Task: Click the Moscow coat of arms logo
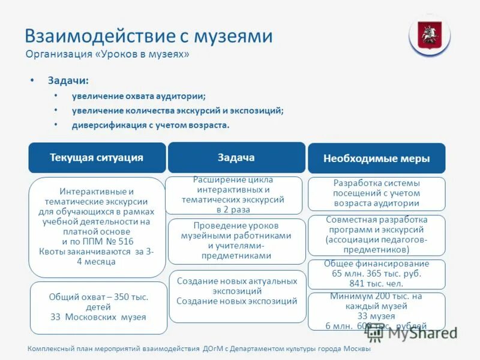(429, 35)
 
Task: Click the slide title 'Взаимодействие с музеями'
(148, 36)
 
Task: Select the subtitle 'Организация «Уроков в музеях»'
(107, 55)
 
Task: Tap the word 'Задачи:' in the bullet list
(68, 80)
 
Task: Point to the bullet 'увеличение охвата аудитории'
(139, 96)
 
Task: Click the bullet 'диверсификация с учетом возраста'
(151, 125)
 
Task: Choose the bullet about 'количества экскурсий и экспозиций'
(178, 110)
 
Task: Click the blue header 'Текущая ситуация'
(97, 158)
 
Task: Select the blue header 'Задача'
(236, 157)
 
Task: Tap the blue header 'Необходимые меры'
(376, 159)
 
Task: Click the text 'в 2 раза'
(233, 210)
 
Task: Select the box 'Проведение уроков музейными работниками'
(236, 241)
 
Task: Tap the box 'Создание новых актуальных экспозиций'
(236, 291)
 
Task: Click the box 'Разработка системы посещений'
(376, 193)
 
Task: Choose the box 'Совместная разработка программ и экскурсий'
(376, 235)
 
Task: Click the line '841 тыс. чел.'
(376, 283)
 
